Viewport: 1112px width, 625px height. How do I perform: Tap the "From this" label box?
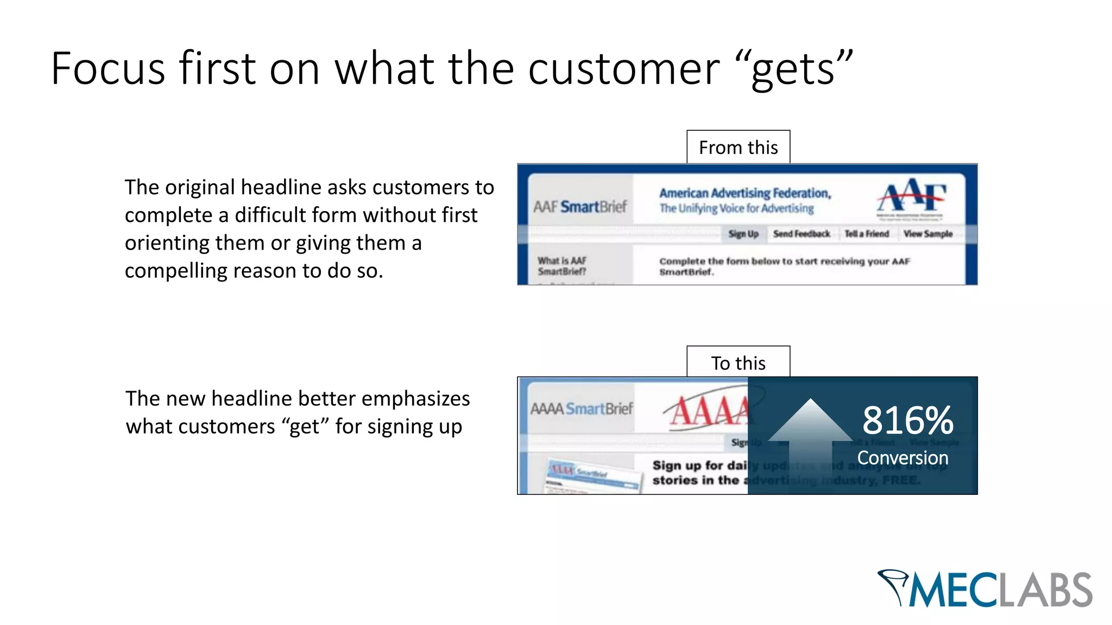point(738,147)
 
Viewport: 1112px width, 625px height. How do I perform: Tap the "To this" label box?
point(738,363)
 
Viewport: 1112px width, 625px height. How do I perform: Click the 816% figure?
point(907,420)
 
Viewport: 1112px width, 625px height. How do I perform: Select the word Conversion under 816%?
point(902,457)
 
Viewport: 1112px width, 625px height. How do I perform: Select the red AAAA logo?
point(709,411)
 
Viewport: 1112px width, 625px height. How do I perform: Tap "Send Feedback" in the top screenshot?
point(801,234)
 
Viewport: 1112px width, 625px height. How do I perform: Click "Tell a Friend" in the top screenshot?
point(867,234)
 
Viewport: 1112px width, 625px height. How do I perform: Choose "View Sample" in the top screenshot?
point(928,234)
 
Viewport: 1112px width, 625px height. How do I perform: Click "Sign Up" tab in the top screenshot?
point(743,234)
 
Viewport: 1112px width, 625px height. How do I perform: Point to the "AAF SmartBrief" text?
point(580,207)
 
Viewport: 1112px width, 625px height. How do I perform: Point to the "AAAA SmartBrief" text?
point(582,409)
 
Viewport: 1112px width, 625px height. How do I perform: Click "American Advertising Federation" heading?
point(745,193)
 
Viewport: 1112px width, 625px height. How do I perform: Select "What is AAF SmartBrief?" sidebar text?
point(562,266)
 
